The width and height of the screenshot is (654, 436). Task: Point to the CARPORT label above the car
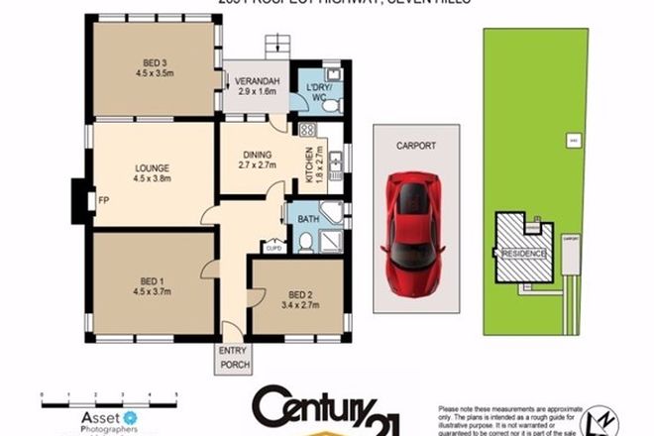[x=417, y=146]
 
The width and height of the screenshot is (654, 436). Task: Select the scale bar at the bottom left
[x=108, y=397]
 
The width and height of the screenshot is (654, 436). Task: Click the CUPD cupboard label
[x=274, y=249]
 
